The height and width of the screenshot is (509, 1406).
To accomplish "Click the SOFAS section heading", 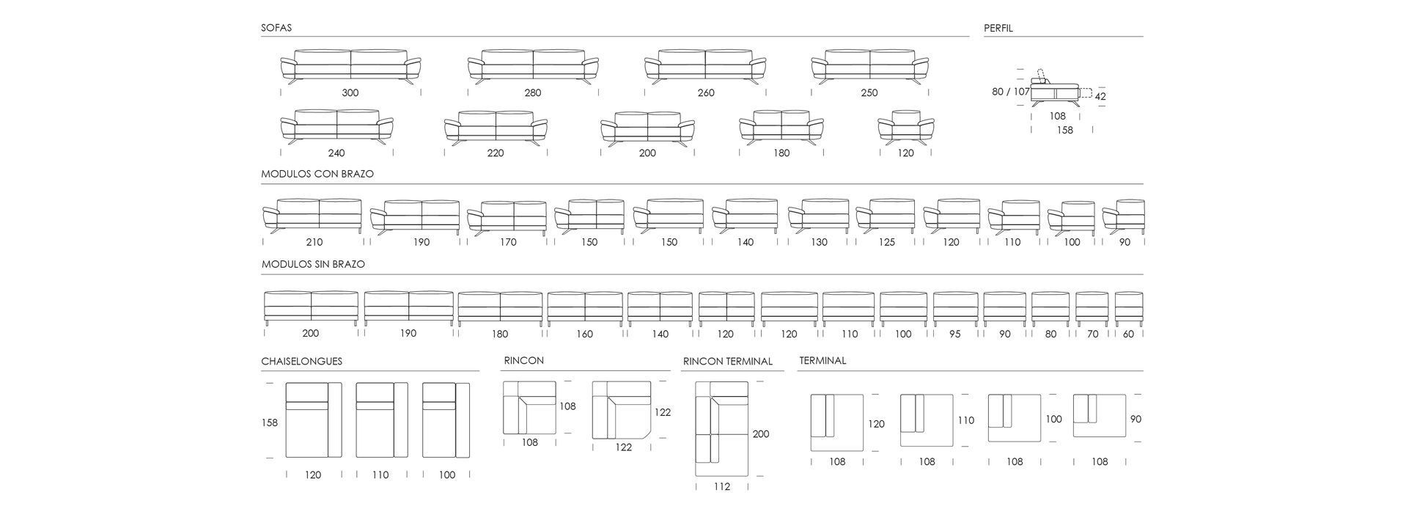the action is [276, 28].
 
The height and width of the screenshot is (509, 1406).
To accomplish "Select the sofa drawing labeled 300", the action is [350, 67].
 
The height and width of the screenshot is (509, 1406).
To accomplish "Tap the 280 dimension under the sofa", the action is [533, 93].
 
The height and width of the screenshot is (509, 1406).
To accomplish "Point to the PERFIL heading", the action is [998, 29].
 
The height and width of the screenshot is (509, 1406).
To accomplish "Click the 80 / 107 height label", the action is [1011, 92].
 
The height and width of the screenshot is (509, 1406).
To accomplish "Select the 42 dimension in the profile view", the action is [1100, 96].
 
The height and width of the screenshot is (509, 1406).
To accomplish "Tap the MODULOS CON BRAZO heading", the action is [317, 175].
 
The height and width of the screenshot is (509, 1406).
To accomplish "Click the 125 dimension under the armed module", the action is [886, 242].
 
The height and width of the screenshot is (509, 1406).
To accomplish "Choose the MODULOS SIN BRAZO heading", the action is [313, 264].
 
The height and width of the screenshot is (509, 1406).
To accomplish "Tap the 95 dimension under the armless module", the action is [954, 334].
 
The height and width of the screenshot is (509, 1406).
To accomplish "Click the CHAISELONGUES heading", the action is [301, 362].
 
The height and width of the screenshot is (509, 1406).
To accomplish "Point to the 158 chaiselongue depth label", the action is [270, 422].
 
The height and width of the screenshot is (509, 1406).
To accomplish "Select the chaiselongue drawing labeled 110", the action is [382, 420].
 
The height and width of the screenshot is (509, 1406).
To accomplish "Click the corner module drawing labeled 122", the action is [622, 410].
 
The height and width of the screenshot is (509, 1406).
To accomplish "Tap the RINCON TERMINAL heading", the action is [728, 362].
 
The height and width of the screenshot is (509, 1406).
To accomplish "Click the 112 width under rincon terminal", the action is [722, 486].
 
